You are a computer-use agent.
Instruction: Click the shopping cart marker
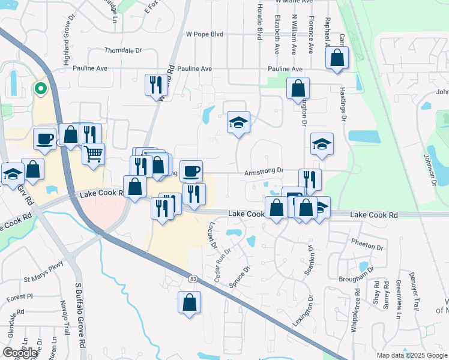(94, 154)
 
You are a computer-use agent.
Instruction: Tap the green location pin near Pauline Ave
(40, 89)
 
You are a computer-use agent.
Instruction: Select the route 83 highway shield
(192, 278)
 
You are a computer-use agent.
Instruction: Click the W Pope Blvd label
(205, 35)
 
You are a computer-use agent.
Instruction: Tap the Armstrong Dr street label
(263, 171)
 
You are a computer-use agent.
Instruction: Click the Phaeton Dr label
(367, 247)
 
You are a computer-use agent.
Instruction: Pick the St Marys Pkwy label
(43, 280)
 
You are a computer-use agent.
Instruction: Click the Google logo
(20, 353)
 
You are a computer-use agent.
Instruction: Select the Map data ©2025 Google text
(411, 355)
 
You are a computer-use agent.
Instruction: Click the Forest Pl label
(20, 298)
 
